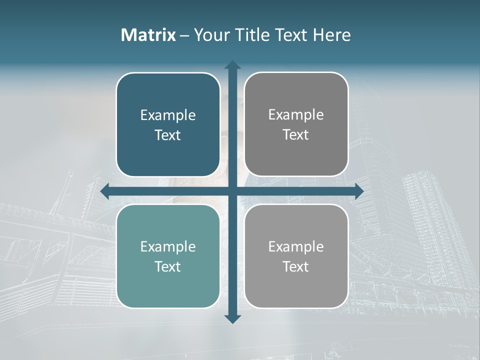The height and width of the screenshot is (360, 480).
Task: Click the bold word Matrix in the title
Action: (x=148, y=35)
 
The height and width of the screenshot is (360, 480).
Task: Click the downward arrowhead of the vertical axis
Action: (x=232, y=318)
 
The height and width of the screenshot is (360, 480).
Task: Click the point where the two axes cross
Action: (x=232, y=191)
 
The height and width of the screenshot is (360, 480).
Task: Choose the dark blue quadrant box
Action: (x=168, y=90)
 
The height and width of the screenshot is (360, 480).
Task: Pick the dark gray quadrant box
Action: (x=296, y=90)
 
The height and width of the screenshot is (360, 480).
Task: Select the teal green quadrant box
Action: (x=168, y=290)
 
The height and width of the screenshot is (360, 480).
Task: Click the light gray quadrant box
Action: (x=296, y=290)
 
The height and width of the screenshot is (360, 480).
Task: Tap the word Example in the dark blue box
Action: (x=168, y=115)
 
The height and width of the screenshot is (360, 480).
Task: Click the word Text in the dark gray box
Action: (x=296, y=135)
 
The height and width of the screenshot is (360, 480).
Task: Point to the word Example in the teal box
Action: (x=168, y=247)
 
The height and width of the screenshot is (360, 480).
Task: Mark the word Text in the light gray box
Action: (x=296, y=266)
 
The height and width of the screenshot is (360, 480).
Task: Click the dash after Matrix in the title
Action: (x=184, y=35)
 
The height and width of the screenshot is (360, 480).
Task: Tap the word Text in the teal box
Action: (x=168, y=266)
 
